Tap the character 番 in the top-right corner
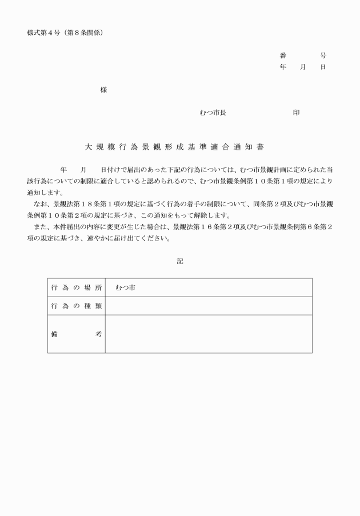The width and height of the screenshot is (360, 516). coord(283,56)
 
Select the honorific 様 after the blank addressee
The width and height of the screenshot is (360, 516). coord(103,90)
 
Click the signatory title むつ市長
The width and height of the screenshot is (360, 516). coord(213,113)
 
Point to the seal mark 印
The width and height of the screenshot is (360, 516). coord(296,113)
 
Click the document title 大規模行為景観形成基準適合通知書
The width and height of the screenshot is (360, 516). coord(174,147)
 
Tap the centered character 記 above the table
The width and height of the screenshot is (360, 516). coord(180,261)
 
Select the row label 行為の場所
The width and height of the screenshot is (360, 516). coord(76,288)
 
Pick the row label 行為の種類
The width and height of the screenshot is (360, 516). coord(76,306)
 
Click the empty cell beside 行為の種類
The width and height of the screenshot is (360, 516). coord(209,306)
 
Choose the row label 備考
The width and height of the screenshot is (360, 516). coord(76,334)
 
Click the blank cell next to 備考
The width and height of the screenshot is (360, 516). coord(209,334)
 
